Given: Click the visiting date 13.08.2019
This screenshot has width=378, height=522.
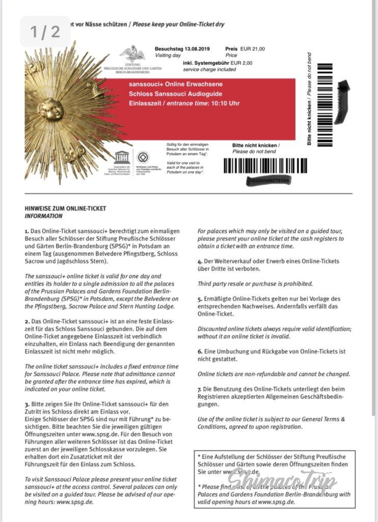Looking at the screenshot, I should (x=196, y=49).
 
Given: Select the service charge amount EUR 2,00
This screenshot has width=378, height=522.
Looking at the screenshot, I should (x=252, y=64).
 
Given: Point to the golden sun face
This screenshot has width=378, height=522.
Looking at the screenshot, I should (x=51, y=109).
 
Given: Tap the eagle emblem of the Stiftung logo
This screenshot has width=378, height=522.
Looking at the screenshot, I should (x=131, y=53).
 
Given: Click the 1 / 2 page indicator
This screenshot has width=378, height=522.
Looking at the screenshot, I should (x=45, y=32).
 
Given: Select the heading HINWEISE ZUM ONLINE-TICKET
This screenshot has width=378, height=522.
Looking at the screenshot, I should (x=65, y=208).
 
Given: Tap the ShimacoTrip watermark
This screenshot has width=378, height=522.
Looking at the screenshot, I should (x=282, y=480).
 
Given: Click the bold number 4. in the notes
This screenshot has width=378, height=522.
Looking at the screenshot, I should (x=200, y=262).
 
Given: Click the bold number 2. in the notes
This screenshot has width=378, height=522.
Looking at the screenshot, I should (x=26, y=323).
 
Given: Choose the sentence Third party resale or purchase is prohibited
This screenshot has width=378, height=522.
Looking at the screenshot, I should (x=255, y=283).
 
